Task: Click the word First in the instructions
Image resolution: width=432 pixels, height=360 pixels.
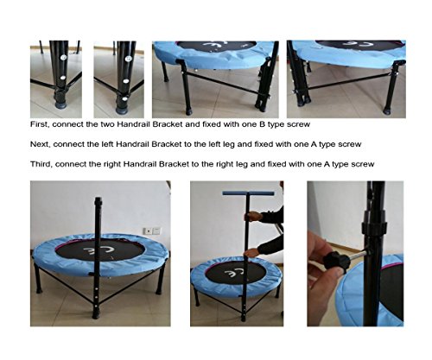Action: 40,124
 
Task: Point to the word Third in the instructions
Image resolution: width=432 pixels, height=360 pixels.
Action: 41,164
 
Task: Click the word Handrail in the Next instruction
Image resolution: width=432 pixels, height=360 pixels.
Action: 133,144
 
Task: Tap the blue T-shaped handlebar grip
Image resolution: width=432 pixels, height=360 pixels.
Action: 248,193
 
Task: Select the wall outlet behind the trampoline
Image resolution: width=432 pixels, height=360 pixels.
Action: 152,231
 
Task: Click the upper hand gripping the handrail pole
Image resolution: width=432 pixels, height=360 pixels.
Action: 252,216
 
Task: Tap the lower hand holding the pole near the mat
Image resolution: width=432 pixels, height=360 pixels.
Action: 251,253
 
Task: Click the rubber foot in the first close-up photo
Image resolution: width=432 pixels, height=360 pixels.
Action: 60,102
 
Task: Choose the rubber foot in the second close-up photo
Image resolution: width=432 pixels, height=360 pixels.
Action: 122,110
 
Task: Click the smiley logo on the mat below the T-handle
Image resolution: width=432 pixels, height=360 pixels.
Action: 235,272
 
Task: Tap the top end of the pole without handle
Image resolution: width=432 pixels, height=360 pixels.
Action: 98,199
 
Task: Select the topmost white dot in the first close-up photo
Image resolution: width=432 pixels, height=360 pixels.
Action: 63,58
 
